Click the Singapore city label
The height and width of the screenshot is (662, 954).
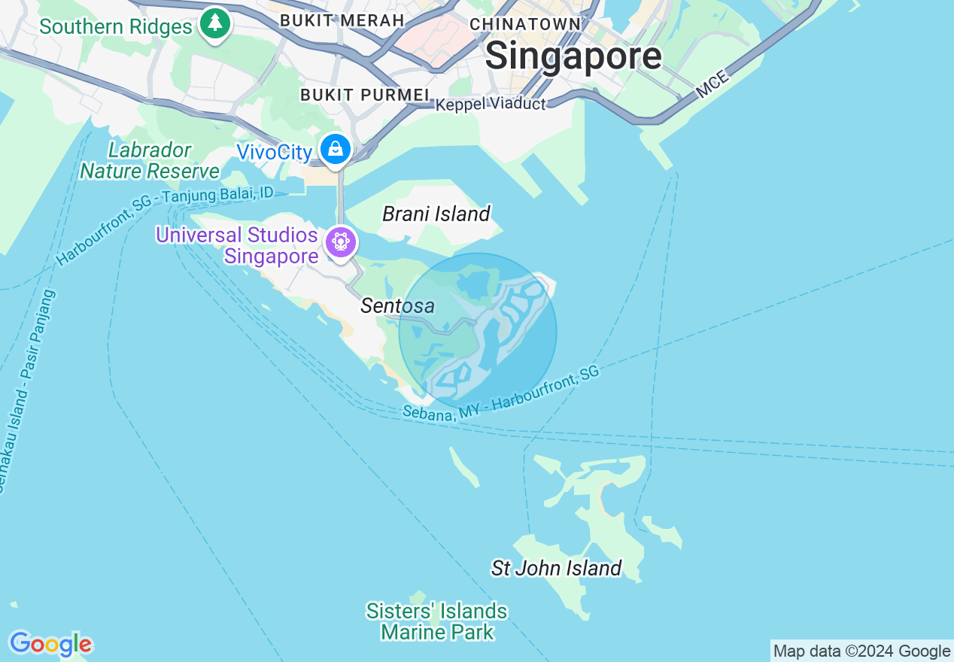[573, 56]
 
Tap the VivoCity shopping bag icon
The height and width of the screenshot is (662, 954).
[336, 148]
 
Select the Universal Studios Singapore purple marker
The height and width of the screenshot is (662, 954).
[341, 241]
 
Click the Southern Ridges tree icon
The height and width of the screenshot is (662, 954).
[215, 23]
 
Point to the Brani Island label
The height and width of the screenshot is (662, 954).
[436, 214]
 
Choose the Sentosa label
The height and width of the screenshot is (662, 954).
[397, 305]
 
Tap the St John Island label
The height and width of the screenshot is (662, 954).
[556, 568]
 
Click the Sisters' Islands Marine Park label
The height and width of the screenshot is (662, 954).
[436, 621]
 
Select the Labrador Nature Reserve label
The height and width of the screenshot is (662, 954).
[150, 161]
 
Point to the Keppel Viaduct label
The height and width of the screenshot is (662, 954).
[491, 104]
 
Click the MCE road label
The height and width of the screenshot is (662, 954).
[712, 84]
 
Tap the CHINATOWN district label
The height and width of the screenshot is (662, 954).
[525, 24]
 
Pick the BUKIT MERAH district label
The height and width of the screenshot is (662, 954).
[342, 20]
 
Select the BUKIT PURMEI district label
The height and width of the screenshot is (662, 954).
[364, 95]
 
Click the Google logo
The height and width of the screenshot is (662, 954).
[50, 644]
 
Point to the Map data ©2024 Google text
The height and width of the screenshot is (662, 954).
[861, 651]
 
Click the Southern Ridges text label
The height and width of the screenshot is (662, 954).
[116, 27]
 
